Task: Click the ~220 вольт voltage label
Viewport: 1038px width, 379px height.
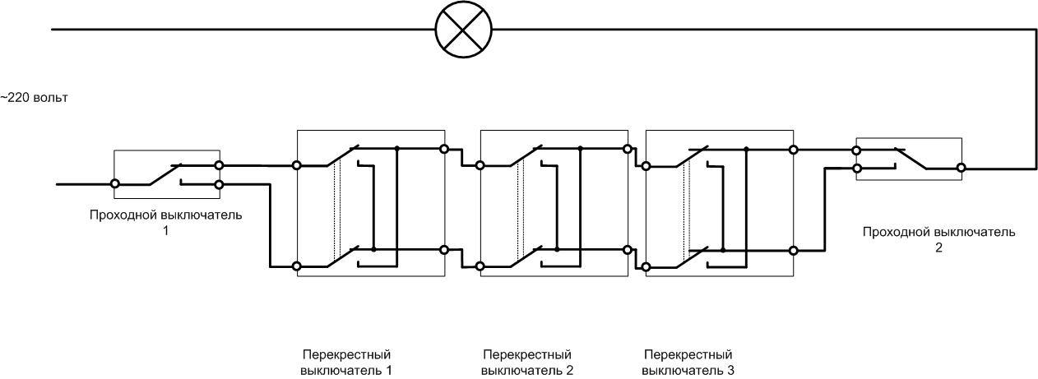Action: (x=34, y=98)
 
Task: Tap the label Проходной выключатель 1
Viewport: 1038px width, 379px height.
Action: (x=166, y=222)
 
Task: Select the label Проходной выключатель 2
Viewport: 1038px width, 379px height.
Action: (x=938, y=238)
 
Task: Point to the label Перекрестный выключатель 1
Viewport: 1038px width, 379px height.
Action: (x=345, y=363)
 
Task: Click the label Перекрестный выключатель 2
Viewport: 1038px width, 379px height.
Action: (x=527, y=363)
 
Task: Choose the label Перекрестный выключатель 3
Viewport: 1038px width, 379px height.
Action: (x=688, y=363)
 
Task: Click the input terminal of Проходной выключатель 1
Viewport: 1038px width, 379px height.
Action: (x=115, y=184)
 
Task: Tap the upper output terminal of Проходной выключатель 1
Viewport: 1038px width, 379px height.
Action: (x=219, y=164)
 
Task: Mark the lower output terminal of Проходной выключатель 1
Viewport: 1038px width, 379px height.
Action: (x=219, y=184)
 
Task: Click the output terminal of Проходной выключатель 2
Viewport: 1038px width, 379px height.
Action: (x=960, y=168)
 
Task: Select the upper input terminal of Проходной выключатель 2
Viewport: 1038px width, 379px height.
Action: (x=856, y=150)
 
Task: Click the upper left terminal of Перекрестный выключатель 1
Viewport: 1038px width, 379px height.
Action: (x=296, y=165)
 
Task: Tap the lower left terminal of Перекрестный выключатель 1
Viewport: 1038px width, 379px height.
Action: (x=296, y=266)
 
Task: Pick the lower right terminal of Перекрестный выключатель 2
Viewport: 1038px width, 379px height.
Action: (x=628, y=249)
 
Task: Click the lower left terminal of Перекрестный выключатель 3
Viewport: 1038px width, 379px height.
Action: (x=646, y=266)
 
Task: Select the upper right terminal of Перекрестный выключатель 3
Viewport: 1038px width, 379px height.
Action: (x=793, y=150)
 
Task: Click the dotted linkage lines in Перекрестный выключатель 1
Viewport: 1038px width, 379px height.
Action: (x=336, y=206)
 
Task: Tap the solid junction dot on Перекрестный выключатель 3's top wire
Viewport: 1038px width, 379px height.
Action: (x=745, y=150)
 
